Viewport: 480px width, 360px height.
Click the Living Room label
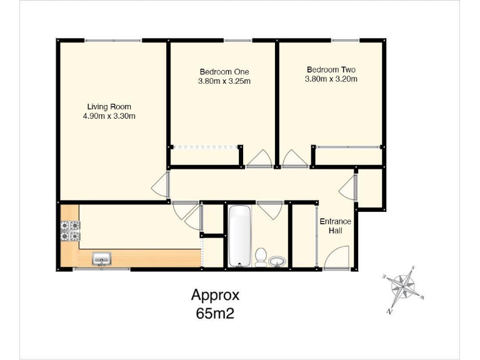(109, 106)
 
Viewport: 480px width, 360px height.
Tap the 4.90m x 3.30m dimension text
(109, 116)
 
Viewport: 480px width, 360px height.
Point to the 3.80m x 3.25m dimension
(224, 81)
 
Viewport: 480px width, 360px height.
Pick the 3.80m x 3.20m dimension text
(331, 79)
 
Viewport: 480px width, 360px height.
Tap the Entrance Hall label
(336, 226)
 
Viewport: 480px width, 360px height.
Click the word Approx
(215, 295)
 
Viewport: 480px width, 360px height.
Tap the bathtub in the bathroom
(239, 236)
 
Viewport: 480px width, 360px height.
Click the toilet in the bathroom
(261, 257)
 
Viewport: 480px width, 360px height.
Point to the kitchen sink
(101, 258)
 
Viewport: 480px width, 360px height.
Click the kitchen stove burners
(69, 231)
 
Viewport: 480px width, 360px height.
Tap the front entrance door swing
(338, 258)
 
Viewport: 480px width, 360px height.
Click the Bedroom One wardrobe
(206, 147)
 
